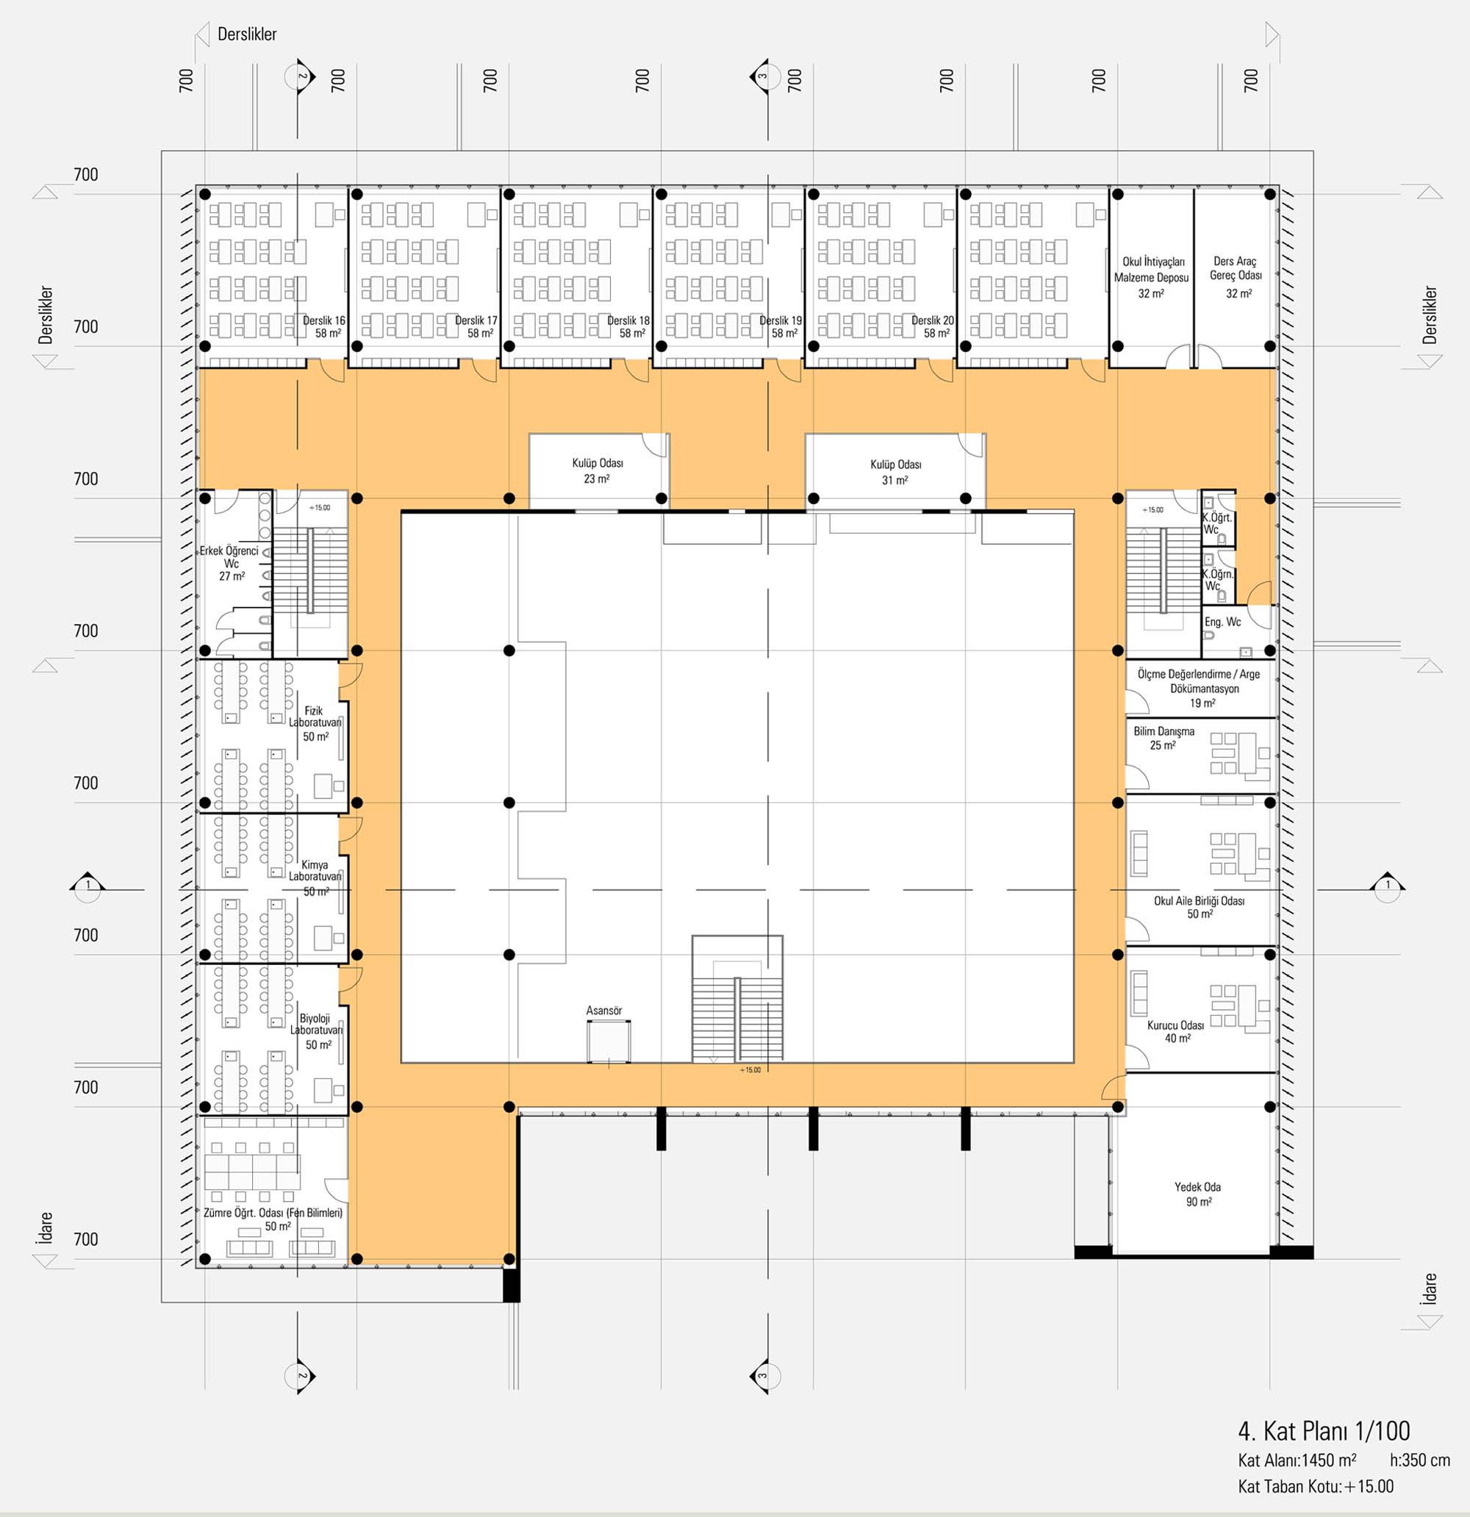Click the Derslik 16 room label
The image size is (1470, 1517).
(323, 326)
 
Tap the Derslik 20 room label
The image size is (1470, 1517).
(932, 326)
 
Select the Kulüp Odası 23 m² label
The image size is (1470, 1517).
(598, 470)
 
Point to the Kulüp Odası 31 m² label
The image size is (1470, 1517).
(896, 472)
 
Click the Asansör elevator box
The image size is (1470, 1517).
(609, 1041)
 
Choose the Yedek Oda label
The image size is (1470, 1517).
(1197, 1194)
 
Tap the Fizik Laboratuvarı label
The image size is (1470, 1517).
(315, 723)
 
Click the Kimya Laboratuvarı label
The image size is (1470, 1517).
(315, 878)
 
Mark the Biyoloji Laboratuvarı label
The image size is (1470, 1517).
(316, 1031)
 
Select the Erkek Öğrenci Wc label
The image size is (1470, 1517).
(230, 564)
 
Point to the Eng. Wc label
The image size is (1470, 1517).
(1222, 622)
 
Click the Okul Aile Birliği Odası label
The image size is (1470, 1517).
(1199, 907)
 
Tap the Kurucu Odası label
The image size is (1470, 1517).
(1176, 1031)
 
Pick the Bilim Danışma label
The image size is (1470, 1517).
(1164, 738)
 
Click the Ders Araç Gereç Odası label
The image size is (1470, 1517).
(1236, 277)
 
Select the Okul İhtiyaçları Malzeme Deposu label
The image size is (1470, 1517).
(1151, 277)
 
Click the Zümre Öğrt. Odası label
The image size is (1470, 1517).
(273, 1219)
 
